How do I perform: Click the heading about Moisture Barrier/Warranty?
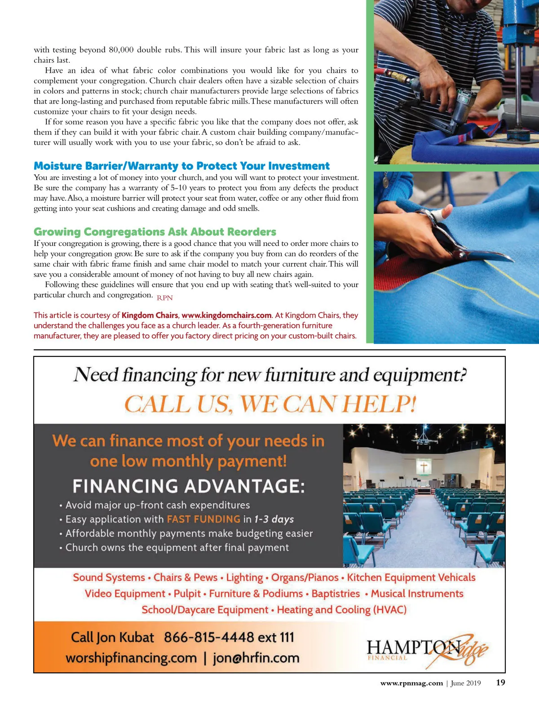click(181, 166)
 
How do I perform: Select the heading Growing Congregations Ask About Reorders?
click(155, 232)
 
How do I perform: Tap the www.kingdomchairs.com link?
click(226, 316)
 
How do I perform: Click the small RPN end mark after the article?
click(165, 298)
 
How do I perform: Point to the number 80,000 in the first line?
click(121, 50)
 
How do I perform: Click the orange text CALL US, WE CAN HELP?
click(270, 404)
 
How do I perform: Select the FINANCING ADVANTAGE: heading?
click(189, 486)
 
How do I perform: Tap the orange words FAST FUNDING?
click(203, 519)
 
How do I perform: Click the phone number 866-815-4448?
click(209, 637)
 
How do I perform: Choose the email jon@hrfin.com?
click(256, 658)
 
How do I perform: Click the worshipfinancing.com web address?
click(131, 658)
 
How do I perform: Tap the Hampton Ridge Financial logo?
click(427, 650)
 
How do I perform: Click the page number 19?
click(500, 683)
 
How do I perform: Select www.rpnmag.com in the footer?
click(411, 683)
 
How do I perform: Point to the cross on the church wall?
click(424, 467)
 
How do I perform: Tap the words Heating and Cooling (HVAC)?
click(341, 610)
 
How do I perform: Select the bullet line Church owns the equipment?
click(177, 548)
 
